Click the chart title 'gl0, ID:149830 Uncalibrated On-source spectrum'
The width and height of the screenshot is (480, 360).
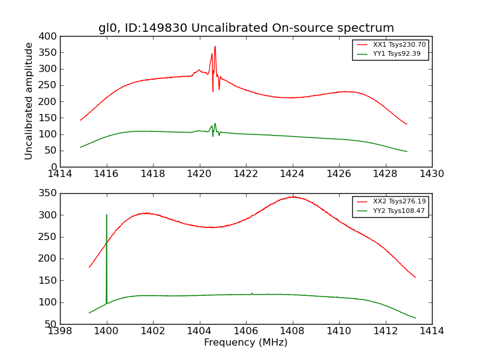(246, 28)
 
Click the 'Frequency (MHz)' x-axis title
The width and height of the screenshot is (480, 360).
(246, 343)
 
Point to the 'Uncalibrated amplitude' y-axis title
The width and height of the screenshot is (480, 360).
(29, 101)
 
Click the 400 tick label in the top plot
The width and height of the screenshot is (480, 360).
(50, 37)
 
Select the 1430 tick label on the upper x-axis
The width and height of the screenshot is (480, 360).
(431, 175)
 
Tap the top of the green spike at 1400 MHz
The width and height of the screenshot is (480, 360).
(107, 215)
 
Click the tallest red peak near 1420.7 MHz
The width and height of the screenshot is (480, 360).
(215, 46)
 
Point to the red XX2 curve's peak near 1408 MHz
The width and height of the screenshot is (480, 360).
(293, 197)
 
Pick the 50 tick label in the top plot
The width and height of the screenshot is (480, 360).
(52, 151)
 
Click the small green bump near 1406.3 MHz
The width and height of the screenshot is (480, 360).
(251, 293)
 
